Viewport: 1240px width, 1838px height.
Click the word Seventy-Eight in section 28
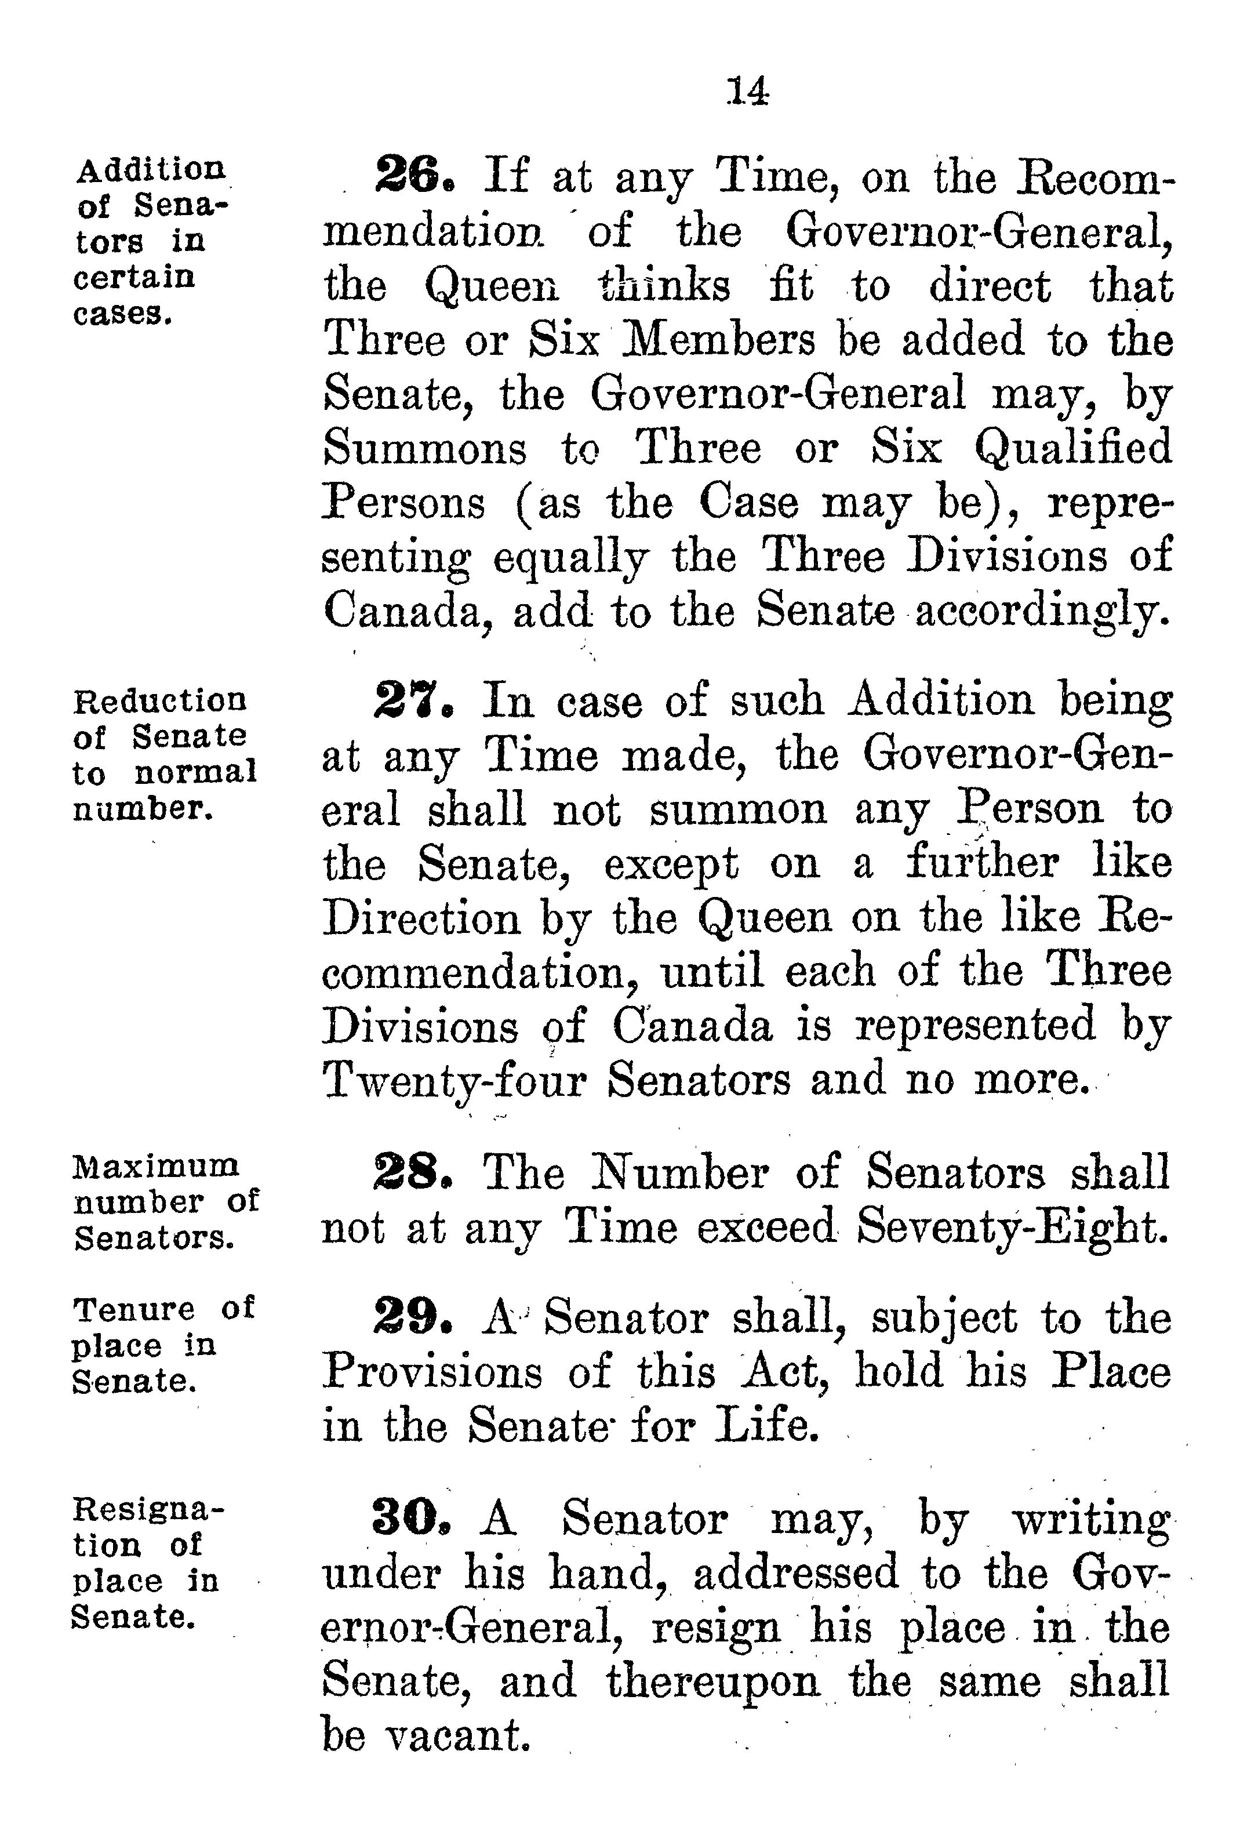click(1012, 1227)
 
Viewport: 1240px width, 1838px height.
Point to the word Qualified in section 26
click(1072, 448)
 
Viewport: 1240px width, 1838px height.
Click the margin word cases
click(122, 314)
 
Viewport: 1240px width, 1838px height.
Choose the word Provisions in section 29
click(432, 1372)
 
